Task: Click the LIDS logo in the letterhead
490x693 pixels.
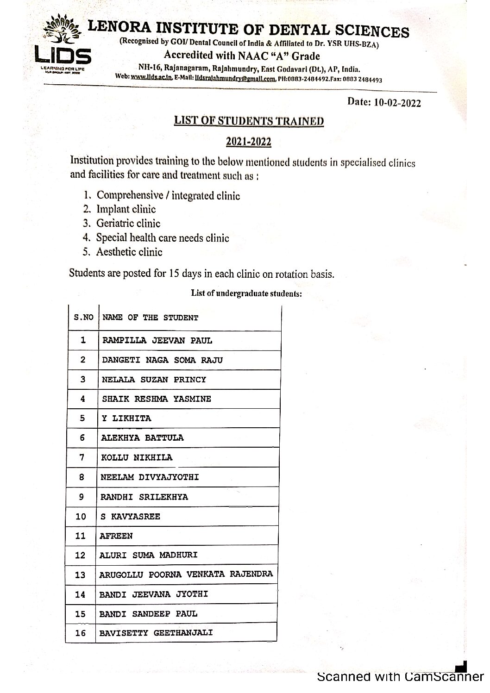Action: (x=63, y=46)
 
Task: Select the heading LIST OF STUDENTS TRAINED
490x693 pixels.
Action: (x=249, y=121)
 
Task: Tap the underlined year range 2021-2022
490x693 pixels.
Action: (x=249, y=142)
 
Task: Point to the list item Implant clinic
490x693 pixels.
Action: (x=126, y=209)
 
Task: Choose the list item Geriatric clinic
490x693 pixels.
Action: (x=128, y=224)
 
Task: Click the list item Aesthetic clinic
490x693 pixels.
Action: (x=129, y=252)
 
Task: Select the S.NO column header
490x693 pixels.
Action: (x=83, y=318)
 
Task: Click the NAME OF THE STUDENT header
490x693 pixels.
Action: (x=150, y=318)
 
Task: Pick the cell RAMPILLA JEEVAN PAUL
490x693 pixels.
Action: (x=157, y=341)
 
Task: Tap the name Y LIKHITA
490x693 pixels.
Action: (x=126, y=418)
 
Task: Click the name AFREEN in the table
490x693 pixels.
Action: (x=116, y=536)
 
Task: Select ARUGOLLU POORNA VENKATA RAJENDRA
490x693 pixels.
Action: (x=186, y=574)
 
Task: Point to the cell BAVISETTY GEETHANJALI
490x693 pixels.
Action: (x=156, y=633)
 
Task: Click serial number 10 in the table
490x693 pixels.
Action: (x=81, y=517)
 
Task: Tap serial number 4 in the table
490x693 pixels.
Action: (x=82, y=399)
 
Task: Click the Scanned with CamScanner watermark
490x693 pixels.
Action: (x=401, y=677)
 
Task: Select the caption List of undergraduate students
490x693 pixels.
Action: (x=246, y=293)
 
